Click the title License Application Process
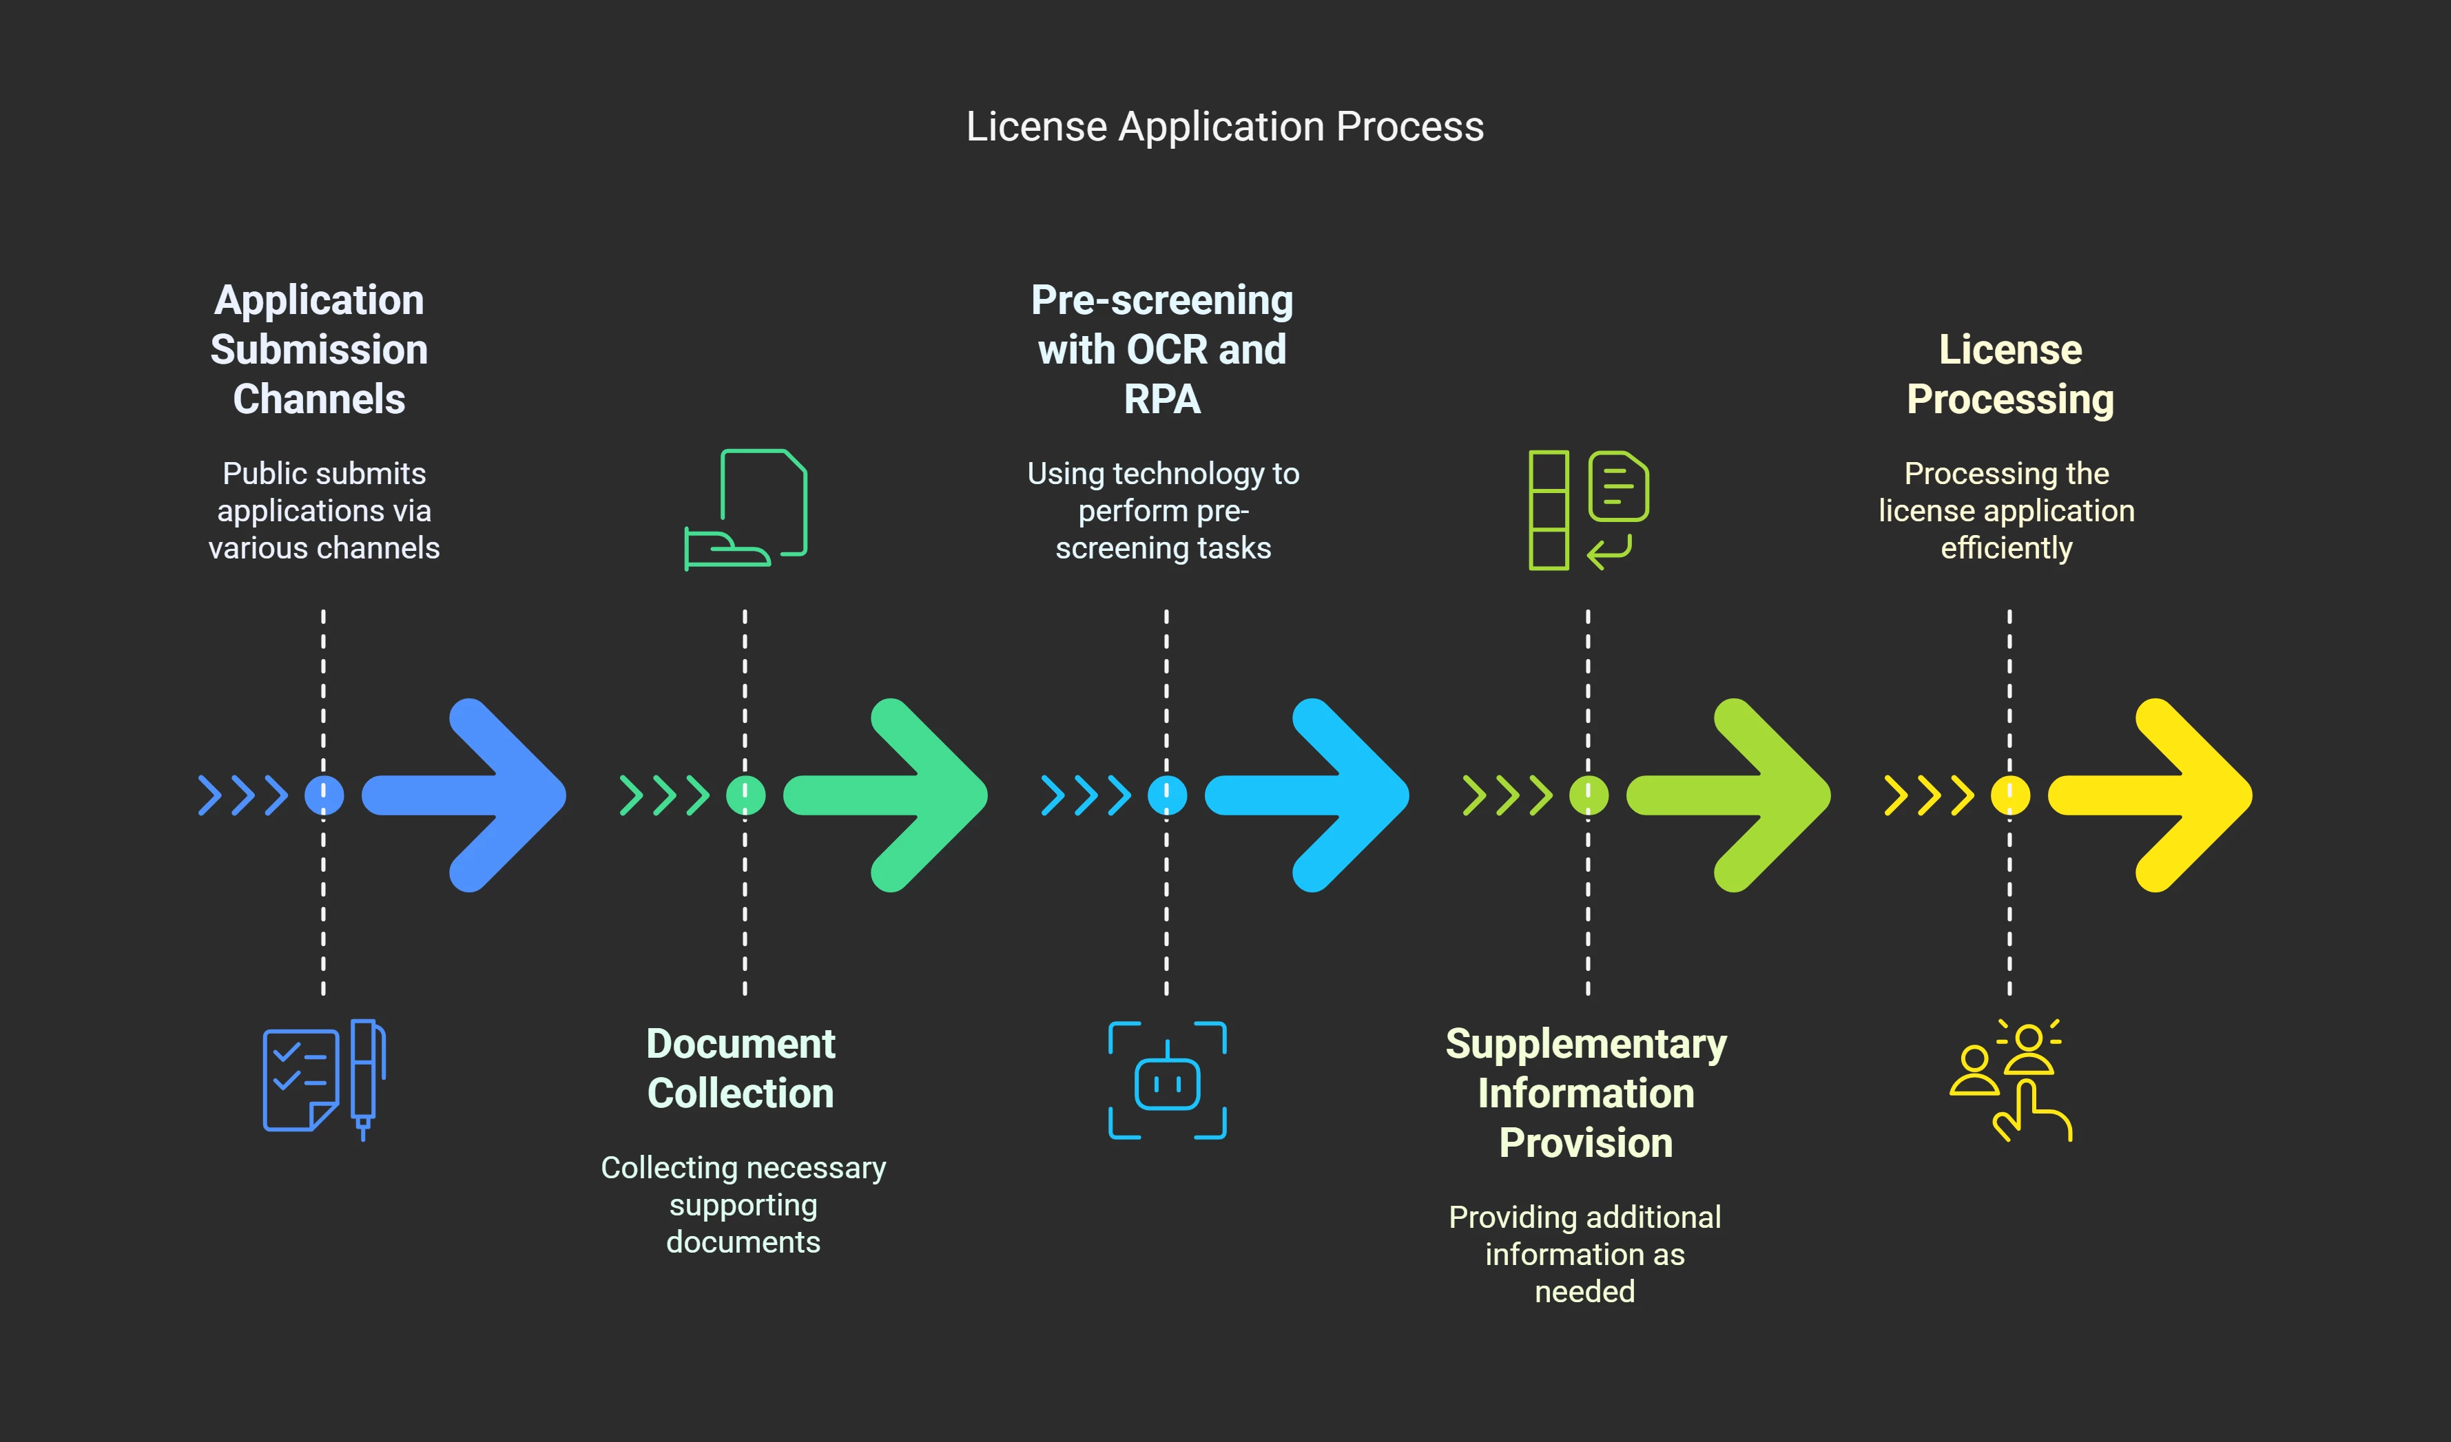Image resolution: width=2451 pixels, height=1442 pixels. (1225, 127)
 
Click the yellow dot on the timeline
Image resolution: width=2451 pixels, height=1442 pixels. (2009, 795)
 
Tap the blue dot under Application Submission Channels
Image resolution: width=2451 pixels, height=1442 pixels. (324, 795)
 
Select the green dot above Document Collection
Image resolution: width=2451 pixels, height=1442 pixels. (745, 795)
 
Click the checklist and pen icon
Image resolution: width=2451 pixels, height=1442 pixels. (324, 1079)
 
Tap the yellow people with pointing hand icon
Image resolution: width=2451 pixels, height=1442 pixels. (2010, 1079)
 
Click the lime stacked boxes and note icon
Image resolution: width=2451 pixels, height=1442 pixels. (1589, 510)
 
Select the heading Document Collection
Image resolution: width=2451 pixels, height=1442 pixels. (741, 1067)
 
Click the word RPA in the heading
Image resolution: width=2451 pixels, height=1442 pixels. (1162, 399)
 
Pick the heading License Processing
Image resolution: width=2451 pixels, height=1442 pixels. (2009, 375)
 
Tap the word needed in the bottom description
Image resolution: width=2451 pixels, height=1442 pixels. (1584, 1291)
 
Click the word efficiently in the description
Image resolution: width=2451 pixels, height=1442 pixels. (2007, 548)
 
